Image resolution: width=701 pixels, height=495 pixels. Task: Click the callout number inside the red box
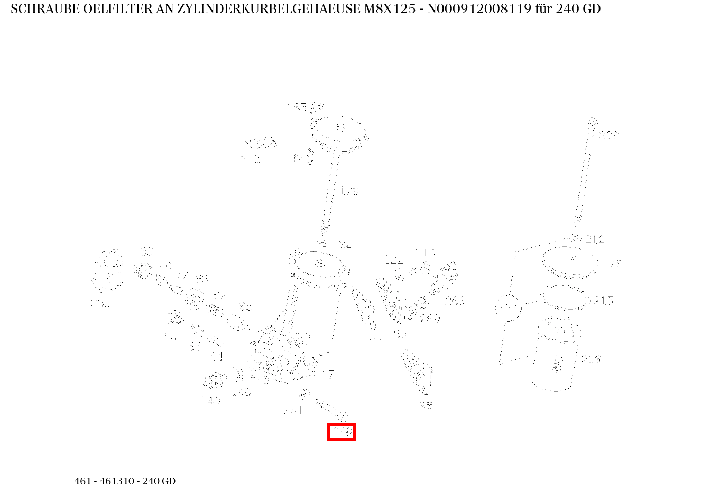342,432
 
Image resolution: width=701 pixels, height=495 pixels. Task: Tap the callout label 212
594,240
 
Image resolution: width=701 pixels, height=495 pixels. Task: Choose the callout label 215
604,301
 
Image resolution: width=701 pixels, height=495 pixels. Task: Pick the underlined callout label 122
394,259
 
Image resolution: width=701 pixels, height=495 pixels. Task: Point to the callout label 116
425,253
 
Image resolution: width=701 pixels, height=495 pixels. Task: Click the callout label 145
241,392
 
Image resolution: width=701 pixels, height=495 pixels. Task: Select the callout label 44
216,357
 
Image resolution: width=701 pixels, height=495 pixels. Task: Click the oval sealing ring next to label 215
564,297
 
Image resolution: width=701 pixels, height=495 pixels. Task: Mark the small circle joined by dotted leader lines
508,308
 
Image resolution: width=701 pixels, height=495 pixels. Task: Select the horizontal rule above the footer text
367,475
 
